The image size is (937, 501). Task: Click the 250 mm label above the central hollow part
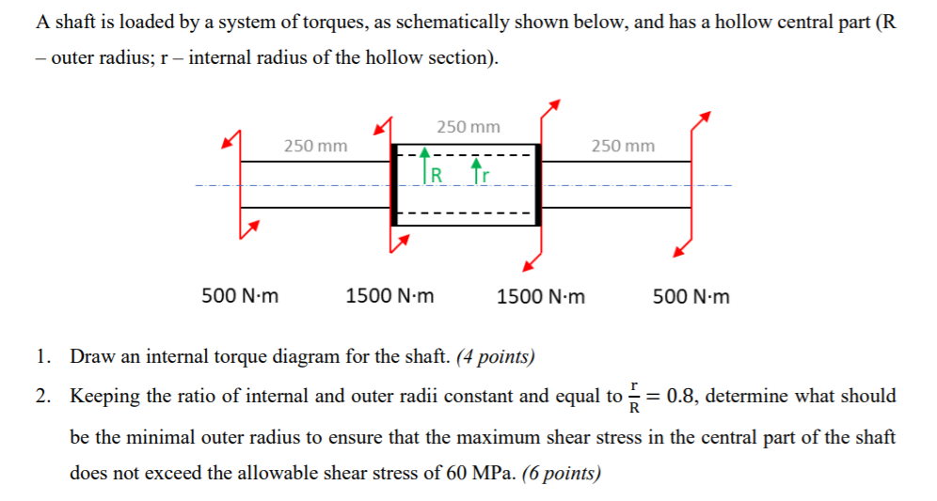tap(468, 127)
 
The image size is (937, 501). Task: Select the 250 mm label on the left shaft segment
tap(315, 146)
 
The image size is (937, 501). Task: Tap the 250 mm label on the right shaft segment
tap(623, 146)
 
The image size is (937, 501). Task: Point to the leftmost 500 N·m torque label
tap(240, 297)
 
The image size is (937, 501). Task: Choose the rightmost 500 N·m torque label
tap(691, 297)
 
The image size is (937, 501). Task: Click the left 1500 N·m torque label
tap(389, 297)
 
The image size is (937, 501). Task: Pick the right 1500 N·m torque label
tap(540, 297)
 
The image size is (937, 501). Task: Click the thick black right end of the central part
tap(538, 184)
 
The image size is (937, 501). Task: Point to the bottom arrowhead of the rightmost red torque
tap(678, 250)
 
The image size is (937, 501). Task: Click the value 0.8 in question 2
tap(680, 396)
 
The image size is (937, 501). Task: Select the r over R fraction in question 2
tap(636, 397)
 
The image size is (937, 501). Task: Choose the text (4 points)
tap(495, 357)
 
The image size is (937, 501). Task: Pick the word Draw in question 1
tap(92, 357)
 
